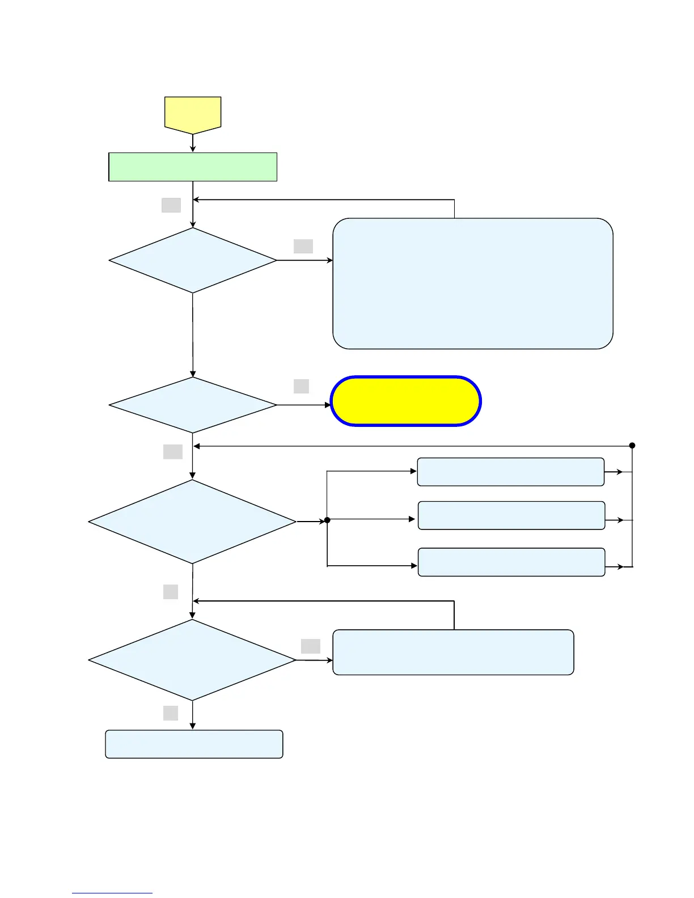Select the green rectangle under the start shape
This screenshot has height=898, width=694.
pos(193,167)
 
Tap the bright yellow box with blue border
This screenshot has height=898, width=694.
pos(406,401)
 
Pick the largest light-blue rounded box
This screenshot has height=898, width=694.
pos(473,283)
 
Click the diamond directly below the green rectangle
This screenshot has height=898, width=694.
pos(193,260)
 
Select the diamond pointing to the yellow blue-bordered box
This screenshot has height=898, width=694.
pos(193,405)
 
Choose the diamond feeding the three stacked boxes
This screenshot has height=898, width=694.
pos(193,522)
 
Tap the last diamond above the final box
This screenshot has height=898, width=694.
pos(193,660)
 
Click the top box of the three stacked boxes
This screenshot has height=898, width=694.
pos(511,472)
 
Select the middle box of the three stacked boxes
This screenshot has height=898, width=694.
pos(511,515)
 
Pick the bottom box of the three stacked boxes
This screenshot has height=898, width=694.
pos(511,562)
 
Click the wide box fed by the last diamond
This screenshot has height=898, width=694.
pos(453,652)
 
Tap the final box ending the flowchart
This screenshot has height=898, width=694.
pos(194,744)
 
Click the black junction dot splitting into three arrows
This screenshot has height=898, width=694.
pos(327,520)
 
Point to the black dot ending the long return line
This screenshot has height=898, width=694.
pos(632,446)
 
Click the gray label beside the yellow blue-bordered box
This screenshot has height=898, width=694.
pos(301,386)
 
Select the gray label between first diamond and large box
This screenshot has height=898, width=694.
pos(303,246)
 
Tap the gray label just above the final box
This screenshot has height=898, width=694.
pos(171,713)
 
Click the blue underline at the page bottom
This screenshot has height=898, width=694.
pos(112,893)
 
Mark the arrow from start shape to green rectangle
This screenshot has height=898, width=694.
pos(193,143)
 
